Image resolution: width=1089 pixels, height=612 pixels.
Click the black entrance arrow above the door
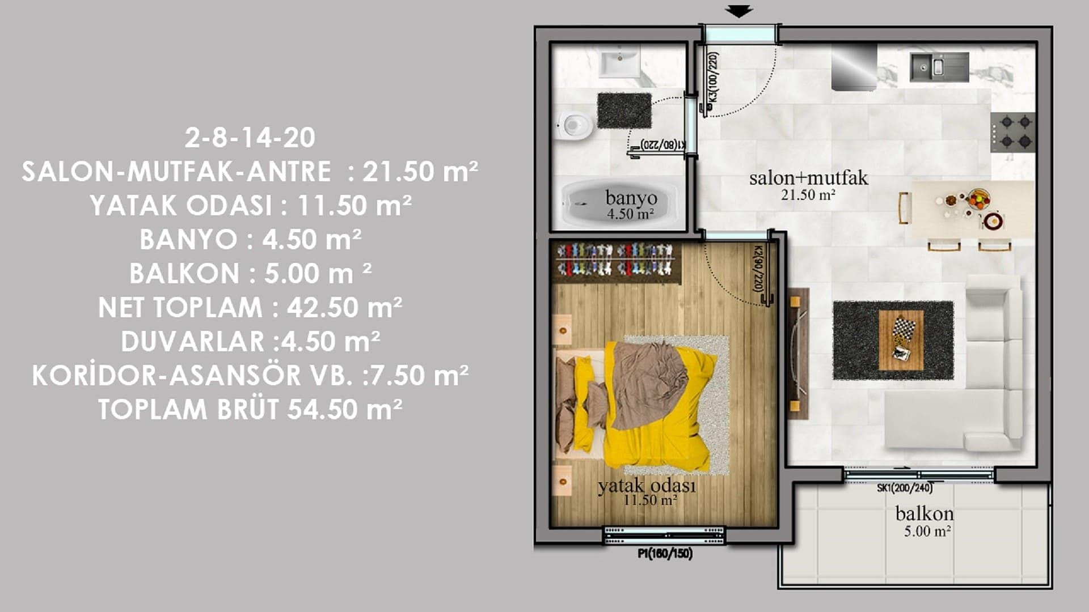738,11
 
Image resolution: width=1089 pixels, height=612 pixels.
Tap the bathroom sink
620,62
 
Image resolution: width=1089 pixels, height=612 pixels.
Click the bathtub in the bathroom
618,203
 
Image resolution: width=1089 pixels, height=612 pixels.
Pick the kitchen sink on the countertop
939,67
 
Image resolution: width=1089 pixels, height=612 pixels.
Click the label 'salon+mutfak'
808,178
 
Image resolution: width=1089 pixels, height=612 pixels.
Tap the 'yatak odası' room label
647,486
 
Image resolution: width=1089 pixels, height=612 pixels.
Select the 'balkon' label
924,513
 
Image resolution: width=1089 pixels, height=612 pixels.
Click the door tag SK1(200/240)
904,488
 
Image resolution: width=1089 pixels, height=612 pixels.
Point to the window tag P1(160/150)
665,554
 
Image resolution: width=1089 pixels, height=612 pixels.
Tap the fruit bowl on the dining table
979,198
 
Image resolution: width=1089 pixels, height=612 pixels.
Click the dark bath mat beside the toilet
624,111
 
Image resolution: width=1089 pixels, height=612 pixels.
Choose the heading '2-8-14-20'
250,138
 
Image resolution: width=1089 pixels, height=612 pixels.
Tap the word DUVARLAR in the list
192,342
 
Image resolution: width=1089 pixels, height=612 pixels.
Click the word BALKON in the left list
184,274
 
